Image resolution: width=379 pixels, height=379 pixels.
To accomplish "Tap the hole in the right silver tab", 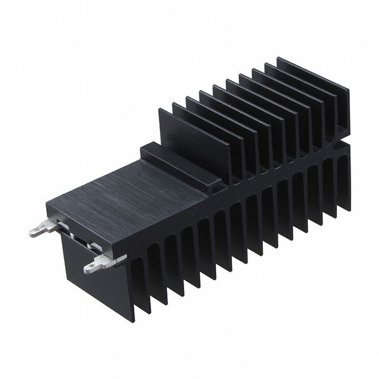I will (91, 268).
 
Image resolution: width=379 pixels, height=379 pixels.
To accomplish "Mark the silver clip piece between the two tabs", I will (80, 242).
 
